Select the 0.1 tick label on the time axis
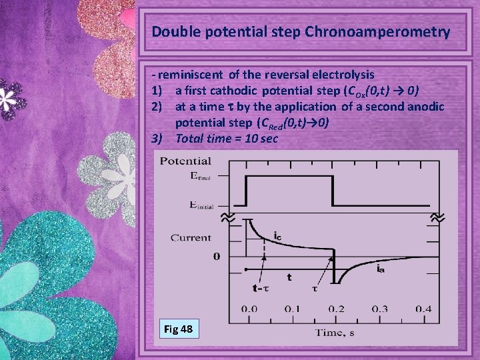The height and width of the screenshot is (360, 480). tap(291, 309)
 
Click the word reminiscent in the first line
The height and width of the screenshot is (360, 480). tap(192, 75)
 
